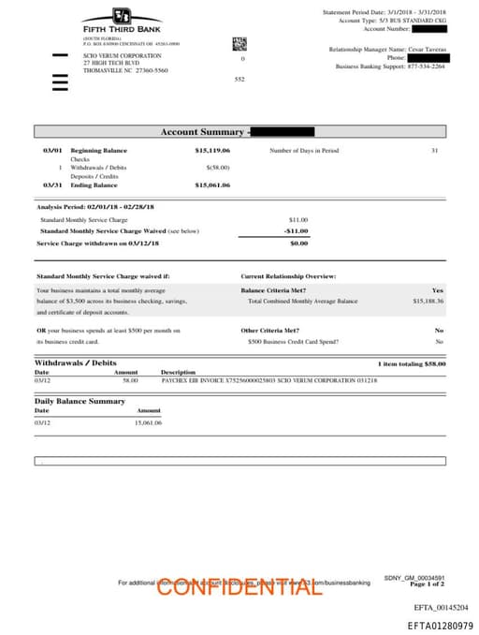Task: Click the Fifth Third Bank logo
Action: [122, 21]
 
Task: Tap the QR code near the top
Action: [239, 42]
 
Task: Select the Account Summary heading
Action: [202, 132]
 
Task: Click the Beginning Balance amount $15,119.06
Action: [212, 150]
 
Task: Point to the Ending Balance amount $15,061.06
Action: [212, 185]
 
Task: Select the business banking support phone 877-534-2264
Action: [426, 66]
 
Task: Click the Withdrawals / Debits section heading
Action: [76, 362]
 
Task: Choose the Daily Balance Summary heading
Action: [80, 401]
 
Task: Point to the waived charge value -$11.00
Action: [296, 230]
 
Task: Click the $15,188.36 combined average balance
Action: [428, 302]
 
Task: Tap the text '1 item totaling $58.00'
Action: [412, 363]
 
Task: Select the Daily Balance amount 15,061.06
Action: [148, 422]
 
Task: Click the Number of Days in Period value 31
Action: [434, 150]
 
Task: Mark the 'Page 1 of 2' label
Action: [427, 583]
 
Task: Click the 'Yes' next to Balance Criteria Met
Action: [438, 290]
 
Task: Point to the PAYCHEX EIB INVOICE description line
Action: [269, 381]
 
